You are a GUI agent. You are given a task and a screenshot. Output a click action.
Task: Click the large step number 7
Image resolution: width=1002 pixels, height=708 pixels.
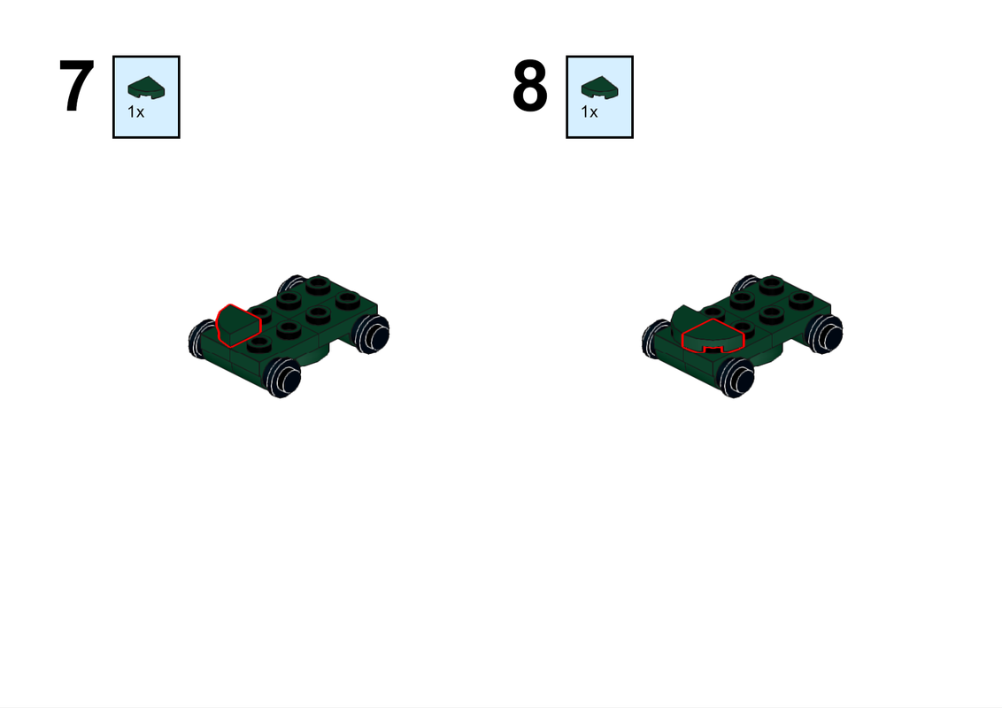pos(76,87)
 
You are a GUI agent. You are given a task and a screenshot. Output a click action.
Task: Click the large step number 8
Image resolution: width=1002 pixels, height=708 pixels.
pos(529,87)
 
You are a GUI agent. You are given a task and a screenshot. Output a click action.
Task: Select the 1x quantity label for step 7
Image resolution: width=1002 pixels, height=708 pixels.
pos(135,112)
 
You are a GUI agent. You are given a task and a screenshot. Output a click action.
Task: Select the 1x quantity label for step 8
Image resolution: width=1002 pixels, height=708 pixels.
pos(589,112)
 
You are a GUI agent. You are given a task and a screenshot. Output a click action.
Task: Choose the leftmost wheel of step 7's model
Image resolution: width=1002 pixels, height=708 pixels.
pos(200,341)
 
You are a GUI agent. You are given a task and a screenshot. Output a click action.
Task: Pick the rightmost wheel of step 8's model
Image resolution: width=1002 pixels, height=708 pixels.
pos(824,334)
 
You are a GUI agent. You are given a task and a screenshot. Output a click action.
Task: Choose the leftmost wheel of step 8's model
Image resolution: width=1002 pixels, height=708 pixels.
pos(653,341)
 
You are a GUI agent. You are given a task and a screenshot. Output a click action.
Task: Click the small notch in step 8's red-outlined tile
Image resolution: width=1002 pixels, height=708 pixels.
pos(709,350)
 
